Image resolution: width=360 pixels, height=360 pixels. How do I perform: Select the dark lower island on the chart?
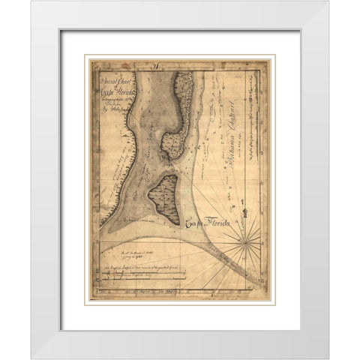(x=163, y=197)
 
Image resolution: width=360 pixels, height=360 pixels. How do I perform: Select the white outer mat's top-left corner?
(x=32, y=2)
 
